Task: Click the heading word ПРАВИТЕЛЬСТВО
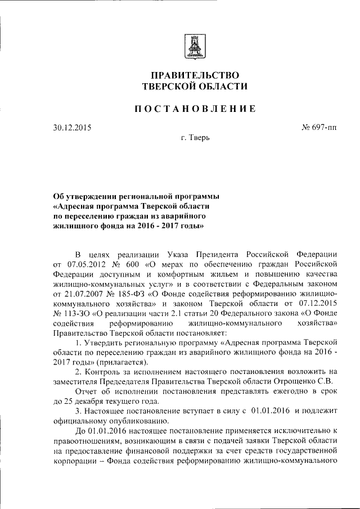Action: click(194, 75)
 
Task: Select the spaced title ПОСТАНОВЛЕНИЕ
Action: click(195, 109)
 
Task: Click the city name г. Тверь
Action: click(195, 138)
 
